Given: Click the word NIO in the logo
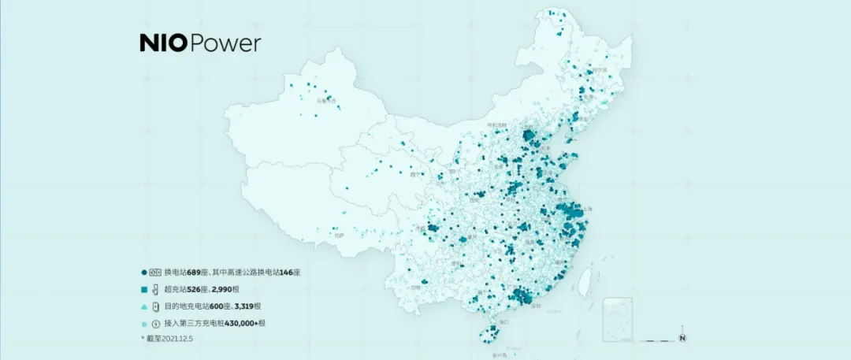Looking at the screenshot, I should pyautogui.click(x=164, y=43).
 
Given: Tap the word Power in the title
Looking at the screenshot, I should pyautogui.click(x=225, y=43).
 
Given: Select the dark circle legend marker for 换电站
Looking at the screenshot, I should pyautogui.click(x=143, y=272).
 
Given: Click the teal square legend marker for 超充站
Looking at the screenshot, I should pyautogui.click(x=143, y=289).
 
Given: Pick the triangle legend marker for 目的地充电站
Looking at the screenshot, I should pyautogui.click(x=143, y=306).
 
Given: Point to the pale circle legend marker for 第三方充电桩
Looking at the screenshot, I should pyautogui.click(x=143, y=323).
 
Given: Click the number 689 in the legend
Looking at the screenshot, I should pyautogui.click(x=195, y=272).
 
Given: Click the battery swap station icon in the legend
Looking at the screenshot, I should pyautogui.click(x=155, y=272).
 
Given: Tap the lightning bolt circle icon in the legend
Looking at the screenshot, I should pyautogui.click(x=155, y=323).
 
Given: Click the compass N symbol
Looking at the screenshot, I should pyautogui.click(x=683, y=340).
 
